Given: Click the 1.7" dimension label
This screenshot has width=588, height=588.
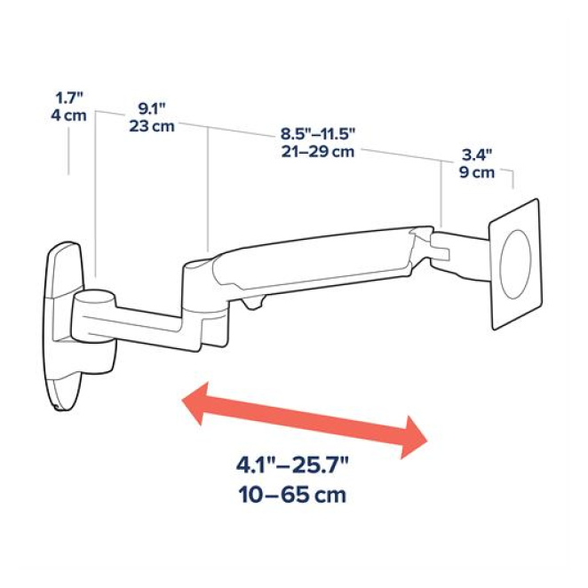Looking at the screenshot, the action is [x=69, y=99].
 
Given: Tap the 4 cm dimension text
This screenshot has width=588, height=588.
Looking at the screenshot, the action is [x=68, y=115].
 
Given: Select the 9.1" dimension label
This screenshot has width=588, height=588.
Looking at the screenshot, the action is [x=152, y=108].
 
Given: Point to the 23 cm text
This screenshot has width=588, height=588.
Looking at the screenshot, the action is [x=152, y=126].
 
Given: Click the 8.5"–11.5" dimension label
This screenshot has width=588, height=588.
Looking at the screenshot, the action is [x=318, y=134].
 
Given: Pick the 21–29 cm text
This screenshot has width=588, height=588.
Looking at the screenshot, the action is [x=318, y=152].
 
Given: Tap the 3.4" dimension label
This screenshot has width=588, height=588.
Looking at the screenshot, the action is [x=477, y=155].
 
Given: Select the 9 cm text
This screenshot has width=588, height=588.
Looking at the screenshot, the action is [x=477, y=172].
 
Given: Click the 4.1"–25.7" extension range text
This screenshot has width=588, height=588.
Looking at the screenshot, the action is [x=292, y=465].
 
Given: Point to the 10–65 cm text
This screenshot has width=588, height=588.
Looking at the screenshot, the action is [x=292, y=495].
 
